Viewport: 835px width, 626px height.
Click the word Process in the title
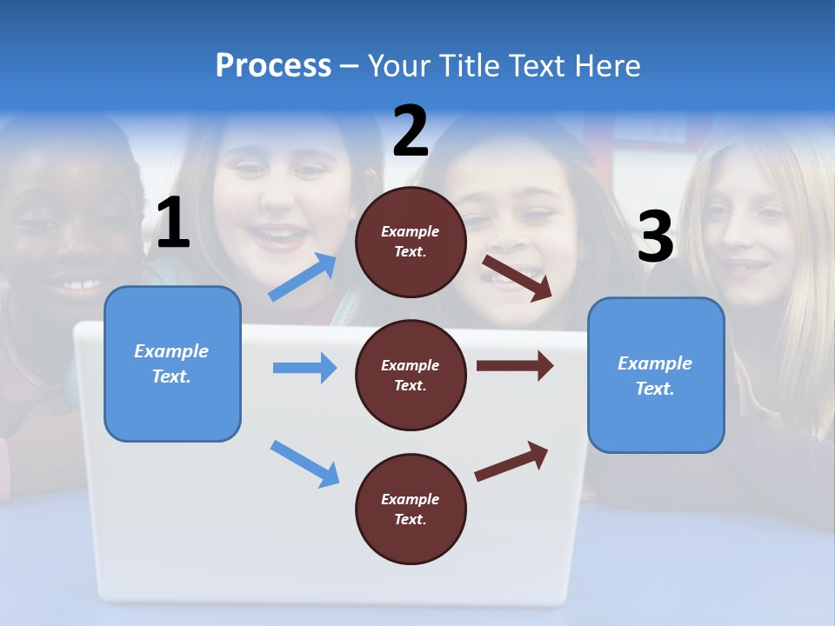(x=273, y=66)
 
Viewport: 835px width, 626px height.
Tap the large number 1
(x=173, y=224)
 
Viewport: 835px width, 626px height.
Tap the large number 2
(x=411, y=131)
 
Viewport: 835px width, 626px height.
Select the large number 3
(x=655, y=237)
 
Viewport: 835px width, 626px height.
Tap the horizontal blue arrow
(x=304, y=368)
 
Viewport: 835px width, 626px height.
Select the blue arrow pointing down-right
(x=304, y=463)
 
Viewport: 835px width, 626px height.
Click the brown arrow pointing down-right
(x=518, y=277)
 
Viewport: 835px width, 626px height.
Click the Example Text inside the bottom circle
(x=411, y=509)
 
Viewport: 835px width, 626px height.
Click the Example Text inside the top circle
(x=411, y=242)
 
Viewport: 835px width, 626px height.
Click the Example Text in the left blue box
(x=171, y=363)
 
